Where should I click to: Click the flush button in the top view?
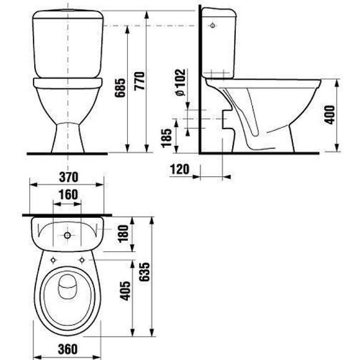[67, 236]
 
